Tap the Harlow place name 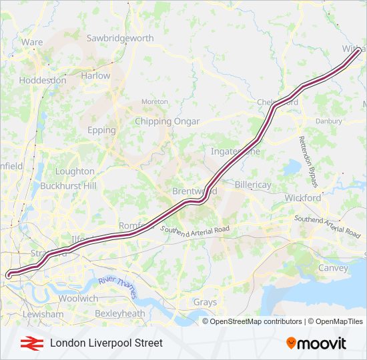pos(95,76)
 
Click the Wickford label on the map pos(303,198)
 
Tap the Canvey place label pos(333,268)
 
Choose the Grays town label pos(205,302)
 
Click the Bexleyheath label pos(119,313)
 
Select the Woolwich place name pos(78,299)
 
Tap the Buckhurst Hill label pos(68,185)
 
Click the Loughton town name pos(75,171)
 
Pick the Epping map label pos(101,130)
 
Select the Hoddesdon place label pos(43,80)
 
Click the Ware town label pos(31,41)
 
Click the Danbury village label pos(328,121)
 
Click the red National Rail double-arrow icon pos(29,343)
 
